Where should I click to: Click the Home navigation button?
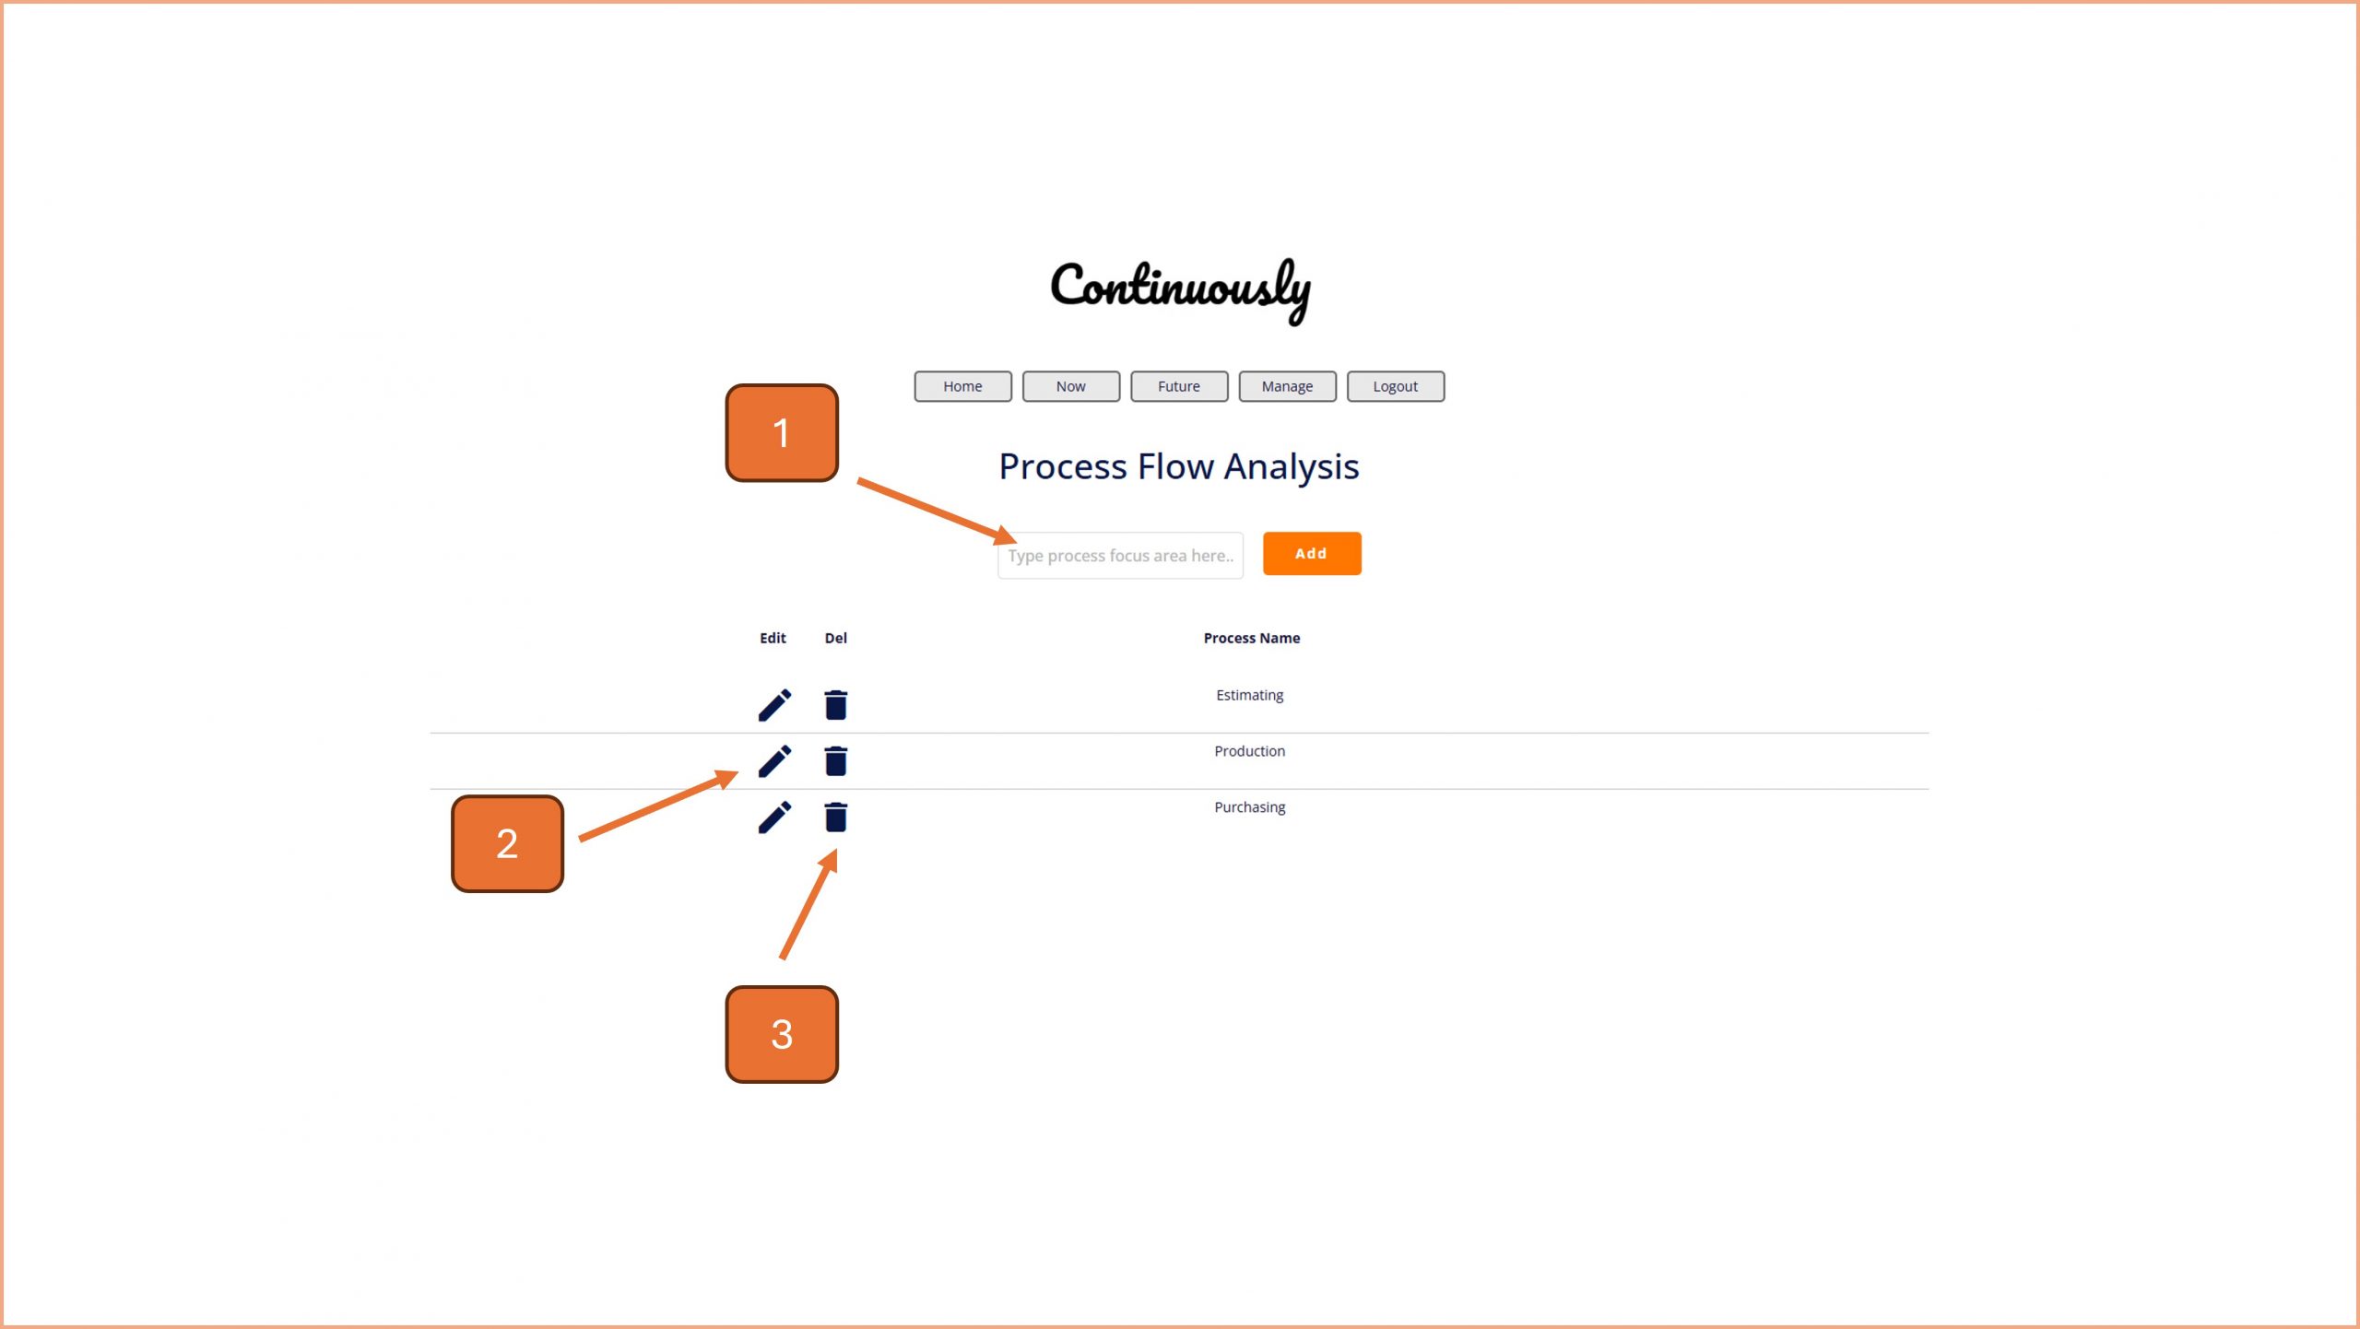point(962,386)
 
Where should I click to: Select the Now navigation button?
point(1070,386)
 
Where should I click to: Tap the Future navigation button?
point(1179,386)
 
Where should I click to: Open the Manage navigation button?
point(1287,386)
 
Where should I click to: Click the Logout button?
point(1395,386)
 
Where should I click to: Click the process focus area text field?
point(1119,556)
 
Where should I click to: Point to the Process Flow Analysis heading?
point(1179,466)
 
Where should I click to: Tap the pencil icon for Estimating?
point(774,705)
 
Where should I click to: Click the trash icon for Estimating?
point(835,705)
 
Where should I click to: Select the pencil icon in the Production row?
point(774,761)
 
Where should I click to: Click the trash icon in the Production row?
point(835,761)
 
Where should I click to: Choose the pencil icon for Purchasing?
point(774,817)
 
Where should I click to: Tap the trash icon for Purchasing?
point(835,817)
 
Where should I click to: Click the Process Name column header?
point(1251,638)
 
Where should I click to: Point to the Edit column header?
point(773,638)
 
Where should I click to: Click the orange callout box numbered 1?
point(782,433)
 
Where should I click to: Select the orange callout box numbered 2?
point(507,843)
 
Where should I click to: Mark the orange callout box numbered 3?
point(782,1034)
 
